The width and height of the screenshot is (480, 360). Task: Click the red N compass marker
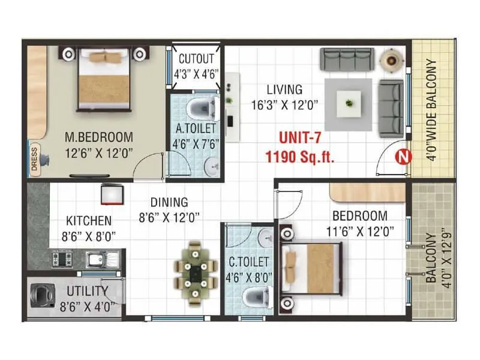click(404, 157)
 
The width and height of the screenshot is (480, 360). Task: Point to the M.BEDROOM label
click(98, 137)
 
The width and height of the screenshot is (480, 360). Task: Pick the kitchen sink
click(97, 259)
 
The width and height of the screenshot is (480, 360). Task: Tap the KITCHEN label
click(88, 220)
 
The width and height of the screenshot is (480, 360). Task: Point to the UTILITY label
click(88, 292)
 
